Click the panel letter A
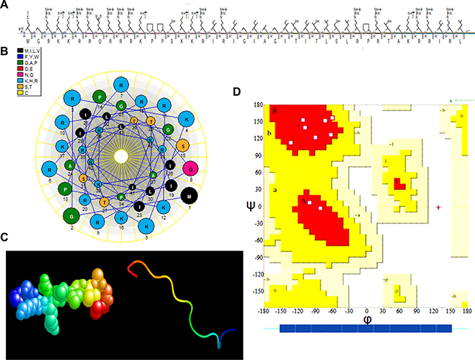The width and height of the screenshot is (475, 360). [x=6, y=7]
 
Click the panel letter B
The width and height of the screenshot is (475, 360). [x=6, y=52]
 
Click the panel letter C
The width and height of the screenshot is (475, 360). [x=6, y=237]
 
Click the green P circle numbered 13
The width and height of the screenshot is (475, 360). [x=64, y=191]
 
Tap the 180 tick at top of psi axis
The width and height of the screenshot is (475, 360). [x=256, y=104]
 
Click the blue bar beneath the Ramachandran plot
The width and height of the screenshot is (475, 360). [x=365, y=329]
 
